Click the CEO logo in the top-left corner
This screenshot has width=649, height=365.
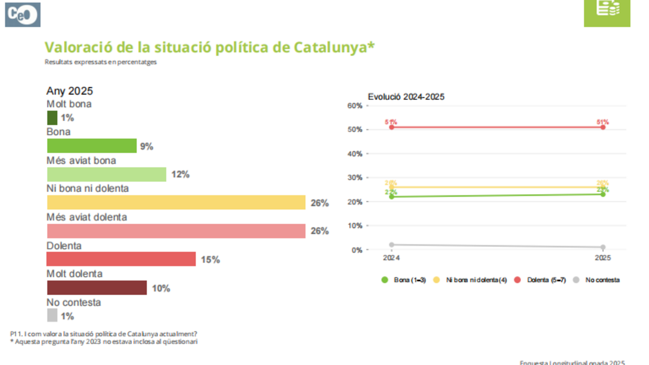click(23, 15)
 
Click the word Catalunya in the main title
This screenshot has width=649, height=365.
click(334, 47)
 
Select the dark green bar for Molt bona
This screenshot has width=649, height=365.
click(52, 118)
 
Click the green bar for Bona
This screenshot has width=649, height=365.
click(92, 146)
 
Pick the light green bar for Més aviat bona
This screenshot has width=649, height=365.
click(106, 174)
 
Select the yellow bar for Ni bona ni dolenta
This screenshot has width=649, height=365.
click(176, 203)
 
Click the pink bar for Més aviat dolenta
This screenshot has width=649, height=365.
click(176, 231)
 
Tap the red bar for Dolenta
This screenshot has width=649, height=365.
click(121, 259)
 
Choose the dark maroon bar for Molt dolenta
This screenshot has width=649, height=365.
click(97, 288)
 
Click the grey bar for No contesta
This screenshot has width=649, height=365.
click(52, 316)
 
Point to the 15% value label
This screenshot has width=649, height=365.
click(210, 260)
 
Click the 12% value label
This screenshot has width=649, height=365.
click(180, 175)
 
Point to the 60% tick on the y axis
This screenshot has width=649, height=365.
click(354, 105)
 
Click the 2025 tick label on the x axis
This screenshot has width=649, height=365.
click(603, 258)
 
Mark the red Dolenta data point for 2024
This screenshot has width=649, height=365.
click(391, 127)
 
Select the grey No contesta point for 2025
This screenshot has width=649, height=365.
click(603, 247)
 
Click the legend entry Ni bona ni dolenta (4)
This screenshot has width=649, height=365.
click(476, 280)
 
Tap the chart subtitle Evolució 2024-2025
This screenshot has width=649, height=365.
click(406, 97)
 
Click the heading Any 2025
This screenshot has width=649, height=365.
click(69, 91)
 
